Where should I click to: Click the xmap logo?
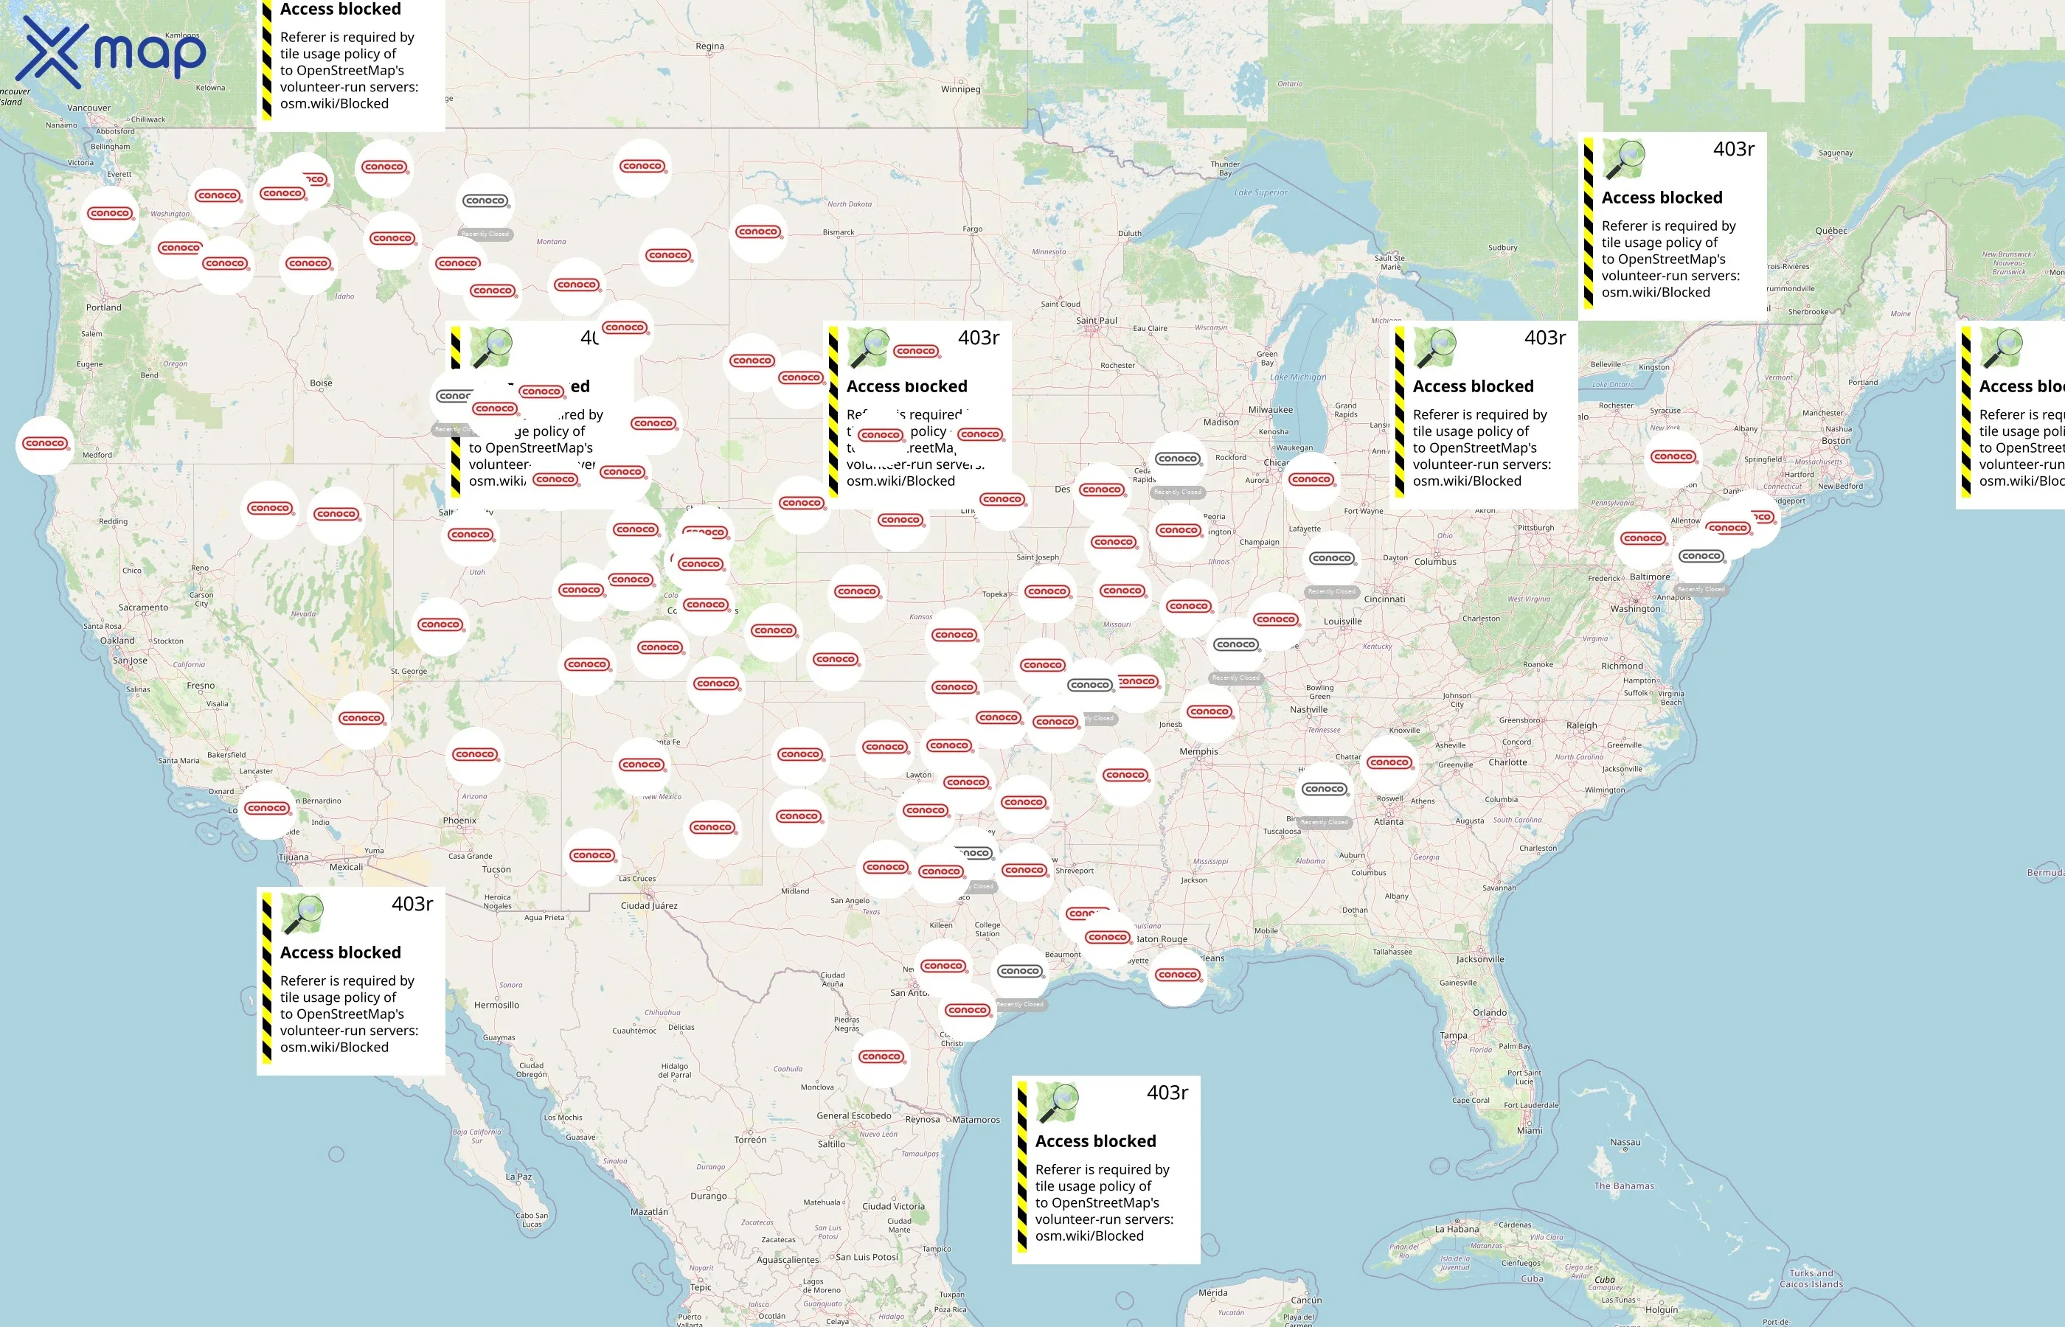(111, 53)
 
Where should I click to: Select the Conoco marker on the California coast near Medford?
(46, 444)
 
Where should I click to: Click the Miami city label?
(1530, 1131)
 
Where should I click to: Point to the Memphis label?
(1199, 751)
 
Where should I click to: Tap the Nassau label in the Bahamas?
(1625, 1143)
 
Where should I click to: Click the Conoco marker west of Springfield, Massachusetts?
(1673, 456)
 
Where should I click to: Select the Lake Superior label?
(1260, 193)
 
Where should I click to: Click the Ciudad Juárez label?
(649, 905)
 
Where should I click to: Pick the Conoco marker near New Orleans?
(1178, 975)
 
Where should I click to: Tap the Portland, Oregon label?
(103, 307)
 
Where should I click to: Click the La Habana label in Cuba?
(1457, 1230)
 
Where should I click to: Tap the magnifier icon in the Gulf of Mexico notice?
(1058, 1103)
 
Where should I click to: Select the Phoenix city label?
(459, 821)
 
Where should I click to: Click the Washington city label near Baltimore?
(1635, 608)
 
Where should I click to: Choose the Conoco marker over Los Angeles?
(267, 808)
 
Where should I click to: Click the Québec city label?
(1830, 231)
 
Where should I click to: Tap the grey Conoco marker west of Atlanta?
(1325, 790)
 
